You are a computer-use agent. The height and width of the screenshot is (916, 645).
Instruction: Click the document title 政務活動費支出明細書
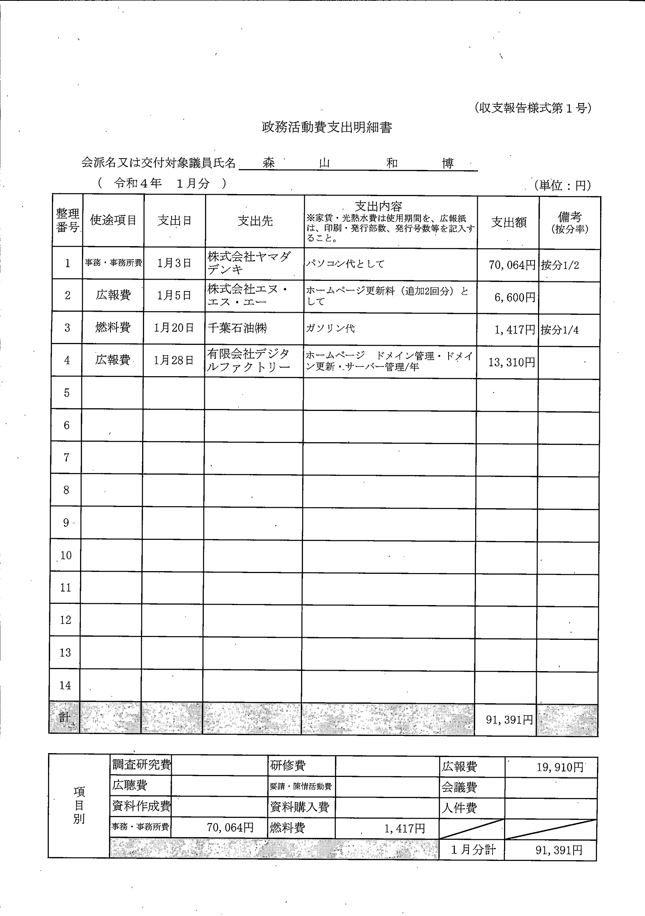[x=327, y=128]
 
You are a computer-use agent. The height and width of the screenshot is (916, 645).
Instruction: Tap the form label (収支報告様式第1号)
[x=533, y=108]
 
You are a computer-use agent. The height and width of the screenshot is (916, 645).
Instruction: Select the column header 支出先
[x=255, y=221]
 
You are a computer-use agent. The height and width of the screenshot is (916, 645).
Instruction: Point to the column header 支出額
[x=509, y=222]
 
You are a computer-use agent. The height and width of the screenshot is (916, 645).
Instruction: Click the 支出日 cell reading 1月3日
[x=174, y=263]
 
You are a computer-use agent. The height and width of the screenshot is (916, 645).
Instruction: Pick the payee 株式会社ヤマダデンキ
[x=249, y=263]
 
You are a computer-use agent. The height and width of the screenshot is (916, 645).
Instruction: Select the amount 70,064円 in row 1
[x=512, y=265]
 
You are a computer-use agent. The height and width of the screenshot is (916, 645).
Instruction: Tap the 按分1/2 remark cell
[x=560, y=265]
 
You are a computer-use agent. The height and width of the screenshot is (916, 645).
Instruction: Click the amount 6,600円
[x=515, y=297]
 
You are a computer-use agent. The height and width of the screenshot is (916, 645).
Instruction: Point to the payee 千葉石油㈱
[x=237, y=328]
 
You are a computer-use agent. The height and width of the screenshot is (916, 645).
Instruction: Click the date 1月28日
[x=173, y=360]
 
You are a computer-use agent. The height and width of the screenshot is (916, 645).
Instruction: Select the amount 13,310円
[x=511, y=362]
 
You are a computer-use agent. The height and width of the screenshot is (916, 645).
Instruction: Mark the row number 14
[x=65, y=685]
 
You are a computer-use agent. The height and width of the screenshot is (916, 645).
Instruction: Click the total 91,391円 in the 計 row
[x=510, y=720]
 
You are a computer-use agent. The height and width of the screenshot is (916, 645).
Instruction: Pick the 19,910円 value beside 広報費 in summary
[x=559, y=767]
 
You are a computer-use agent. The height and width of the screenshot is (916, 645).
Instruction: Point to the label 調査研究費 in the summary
[x=142, y=764]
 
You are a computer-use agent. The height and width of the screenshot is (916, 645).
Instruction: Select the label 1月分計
[x=473, y=849]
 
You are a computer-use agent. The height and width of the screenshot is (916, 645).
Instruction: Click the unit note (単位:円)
[x=563, y=185]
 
